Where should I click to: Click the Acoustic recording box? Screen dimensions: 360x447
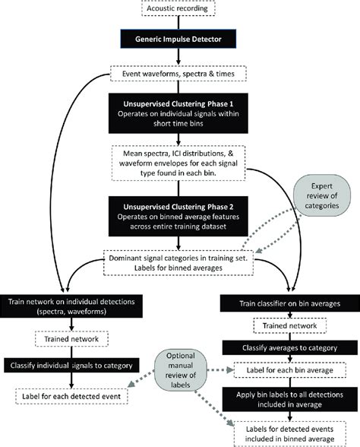point(178,8)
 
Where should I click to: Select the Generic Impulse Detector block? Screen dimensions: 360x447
point(178,39)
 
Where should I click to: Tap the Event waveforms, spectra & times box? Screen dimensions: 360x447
point(178,74)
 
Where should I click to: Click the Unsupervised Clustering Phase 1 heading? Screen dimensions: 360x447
point(178,103)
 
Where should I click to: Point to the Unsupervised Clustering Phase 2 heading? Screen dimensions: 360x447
point(178,207)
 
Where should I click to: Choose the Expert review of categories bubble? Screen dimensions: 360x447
point(322,195)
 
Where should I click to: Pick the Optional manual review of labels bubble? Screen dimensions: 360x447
point(180,370)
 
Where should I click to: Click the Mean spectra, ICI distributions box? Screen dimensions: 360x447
point(178,163)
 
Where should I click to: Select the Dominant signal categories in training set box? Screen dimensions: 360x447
point(178,263)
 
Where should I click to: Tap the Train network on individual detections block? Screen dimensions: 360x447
point(71,306)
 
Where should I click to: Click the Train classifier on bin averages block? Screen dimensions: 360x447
point(289,303)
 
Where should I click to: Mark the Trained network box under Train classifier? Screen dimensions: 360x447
point(289,325)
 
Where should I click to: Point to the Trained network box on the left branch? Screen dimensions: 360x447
point(71,339)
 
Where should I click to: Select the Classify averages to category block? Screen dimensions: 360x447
point(289,348)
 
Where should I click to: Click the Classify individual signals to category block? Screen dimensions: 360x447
point(71,366)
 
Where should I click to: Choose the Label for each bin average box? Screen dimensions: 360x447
point(289,370)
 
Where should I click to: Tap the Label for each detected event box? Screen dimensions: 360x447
point(71,396)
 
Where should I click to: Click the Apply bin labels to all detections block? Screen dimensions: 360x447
point(289,399)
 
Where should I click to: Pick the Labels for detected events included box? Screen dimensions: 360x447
point(289,434)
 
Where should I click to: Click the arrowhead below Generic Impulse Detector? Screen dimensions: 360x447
point(178,62)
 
